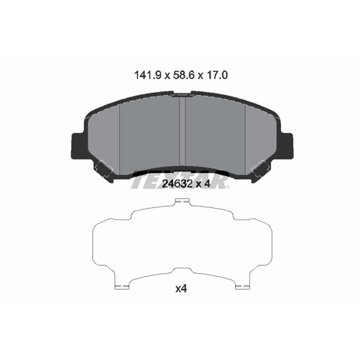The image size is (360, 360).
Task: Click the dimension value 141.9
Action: [148, 75]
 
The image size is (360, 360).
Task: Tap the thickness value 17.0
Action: [217, 75]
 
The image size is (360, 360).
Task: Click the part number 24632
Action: [177, 184]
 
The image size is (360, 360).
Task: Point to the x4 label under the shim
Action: [181, 288]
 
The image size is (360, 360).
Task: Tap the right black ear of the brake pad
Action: [286, 146]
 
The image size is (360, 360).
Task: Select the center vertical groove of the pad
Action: [183, 131]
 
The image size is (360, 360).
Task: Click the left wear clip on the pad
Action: [104, 170]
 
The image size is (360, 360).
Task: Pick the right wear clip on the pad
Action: [261, 170]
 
